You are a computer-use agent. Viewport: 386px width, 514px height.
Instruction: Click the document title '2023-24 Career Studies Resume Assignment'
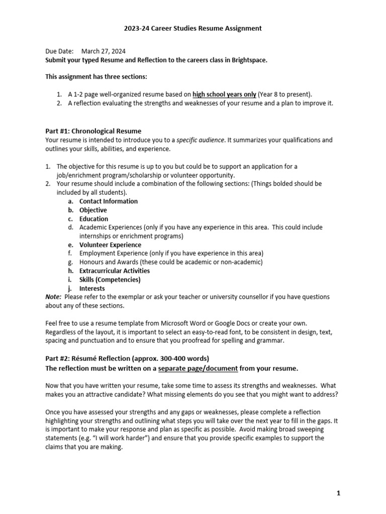point(193,29)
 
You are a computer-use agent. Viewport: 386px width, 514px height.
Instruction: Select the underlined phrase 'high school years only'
point(225,94)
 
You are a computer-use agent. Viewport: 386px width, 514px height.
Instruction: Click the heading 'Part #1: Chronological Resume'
point(93,132)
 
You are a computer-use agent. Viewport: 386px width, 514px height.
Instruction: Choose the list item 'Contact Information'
point(108,201)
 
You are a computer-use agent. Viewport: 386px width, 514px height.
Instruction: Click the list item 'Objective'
point(93,210)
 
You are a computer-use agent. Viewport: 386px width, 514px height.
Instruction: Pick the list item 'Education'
point(93,219)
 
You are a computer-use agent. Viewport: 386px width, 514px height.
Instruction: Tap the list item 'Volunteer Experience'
point(110,245)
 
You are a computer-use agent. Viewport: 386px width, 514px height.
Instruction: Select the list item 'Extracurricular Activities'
point(115,271)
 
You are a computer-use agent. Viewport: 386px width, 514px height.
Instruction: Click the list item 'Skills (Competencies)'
point(110,280)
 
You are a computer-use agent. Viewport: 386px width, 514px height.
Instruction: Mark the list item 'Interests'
point(92,289)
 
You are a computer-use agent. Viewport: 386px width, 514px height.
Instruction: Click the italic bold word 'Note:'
point(54,297)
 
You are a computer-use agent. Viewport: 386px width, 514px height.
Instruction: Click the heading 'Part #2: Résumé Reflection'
point(95,358)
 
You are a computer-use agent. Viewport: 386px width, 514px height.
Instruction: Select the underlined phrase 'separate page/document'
point(198,368)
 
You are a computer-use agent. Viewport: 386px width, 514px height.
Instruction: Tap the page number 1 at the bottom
point(338,493)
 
